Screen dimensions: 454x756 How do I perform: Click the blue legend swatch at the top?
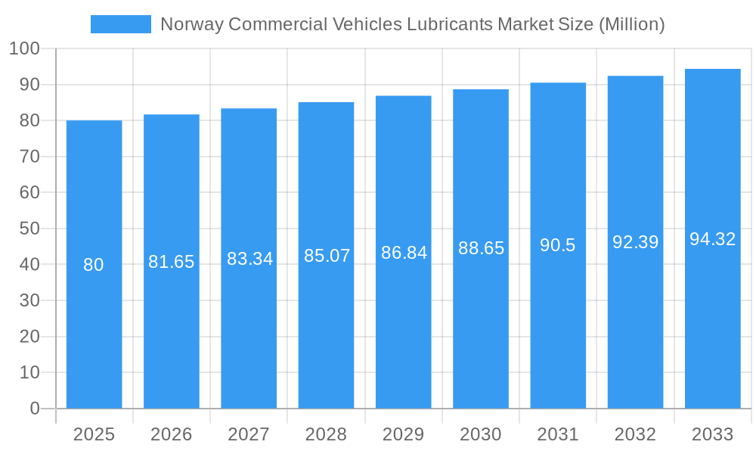(x=121, y=24)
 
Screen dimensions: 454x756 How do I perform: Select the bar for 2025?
(x=94, y=265)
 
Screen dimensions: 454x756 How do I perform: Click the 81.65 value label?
(x=172, y=262)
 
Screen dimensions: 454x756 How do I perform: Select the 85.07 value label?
(x=327, y=256)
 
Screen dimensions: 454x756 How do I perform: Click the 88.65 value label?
(x=482, y=248)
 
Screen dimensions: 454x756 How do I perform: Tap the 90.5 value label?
(x=558, y=245)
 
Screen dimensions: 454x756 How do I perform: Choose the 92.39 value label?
(x=636, y=242)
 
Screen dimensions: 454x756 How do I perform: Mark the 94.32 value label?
(x=713, y=239)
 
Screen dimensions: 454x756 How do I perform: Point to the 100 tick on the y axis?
(x=25, y=48)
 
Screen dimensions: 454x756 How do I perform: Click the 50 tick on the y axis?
(x=29, y=229)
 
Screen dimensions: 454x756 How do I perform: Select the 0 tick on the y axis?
(x=35, y=409)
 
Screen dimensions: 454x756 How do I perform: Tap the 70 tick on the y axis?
(x=29, y=157)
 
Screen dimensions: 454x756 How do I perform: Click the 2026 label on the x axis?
(x=172, y=434)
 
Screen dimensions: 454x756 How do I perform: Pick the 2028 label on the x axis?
(x=326, y=434)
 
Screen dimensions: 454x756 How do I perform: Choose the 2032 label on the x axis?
(x=635, y=434)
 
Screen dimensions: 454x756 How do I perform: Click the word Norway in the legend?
(x=192, y=24)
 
